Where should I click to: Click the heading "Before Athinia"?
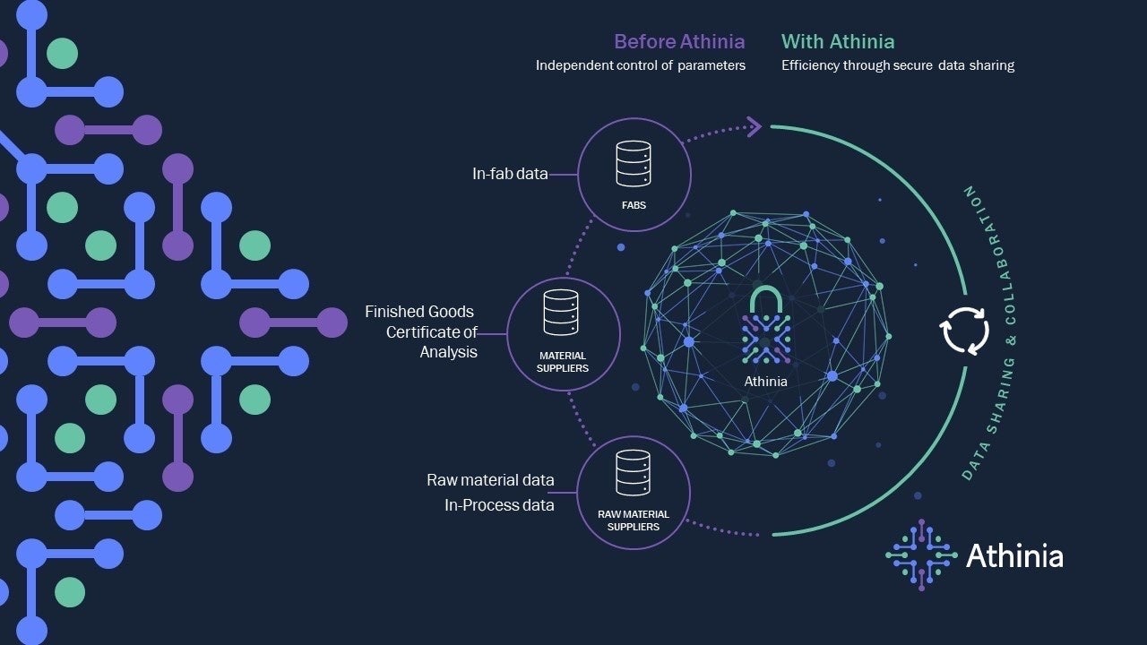(678, 41)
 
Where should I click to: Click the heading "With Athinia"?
(838, 41)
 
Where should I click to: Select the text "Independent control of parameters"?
(641, 65)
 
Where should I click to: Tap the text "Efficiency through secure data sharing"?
(898, 65)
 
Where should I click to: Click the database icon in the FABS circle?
(634, 165)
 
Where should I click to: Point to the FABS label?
(634, 205)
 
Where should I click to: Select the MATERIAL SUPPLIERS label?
(563, 362)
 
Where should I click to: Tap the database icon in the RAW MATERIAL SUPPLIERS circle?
(634, 473)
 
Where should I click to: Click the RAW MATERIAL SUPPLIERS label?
(634, 520)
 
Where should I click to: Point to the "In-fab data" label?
(510, 174)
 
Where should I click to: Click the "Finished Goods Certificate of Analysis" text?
(421, 331)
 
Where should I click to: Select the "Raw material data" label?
(490, 480)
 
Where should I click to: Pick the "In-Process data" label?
(499, 505)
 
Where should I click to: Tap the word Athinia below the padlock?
(766, 382)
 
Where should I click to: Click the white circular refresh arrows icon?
(964, 331)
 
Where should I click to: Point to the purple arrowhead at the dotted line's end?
(754, 126)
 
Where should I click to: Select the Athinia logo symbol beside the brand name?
(921, 555)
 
